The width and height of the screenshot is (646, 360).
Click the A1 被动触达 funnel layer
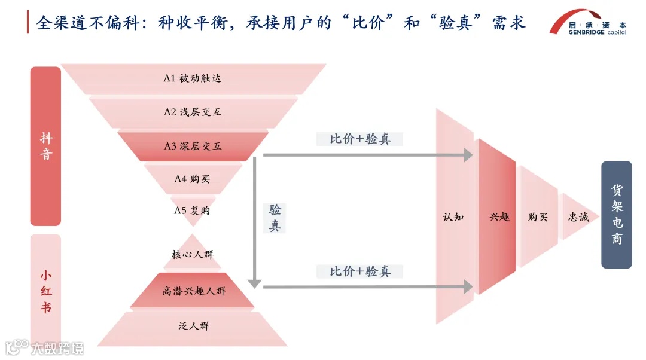193,78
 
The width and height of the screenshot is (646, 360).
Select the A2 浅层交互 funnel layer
193,112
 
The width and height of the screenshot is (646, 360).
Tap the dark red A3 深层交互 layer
193,146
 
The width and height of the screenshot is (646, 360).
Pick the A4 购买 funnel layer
193,179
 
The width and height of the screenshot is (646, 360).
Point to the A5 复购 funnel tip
193,210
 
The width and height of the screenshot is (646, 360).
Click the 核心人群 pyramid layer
193,254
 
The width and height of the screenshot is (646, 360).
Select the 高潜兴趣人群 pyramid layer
193,291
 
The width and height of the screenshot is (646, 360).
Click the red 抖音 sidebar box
46,146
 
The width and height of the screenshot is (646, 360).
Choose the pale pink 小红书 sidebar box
46,291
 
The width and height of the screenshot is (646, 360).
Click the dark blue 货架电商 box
616,215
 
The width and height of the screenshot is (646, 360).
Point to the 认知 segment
454,216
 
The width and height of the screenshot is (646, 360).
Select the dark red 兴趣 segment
498,216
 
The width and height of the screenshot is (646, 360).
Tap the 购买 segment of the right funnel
538,216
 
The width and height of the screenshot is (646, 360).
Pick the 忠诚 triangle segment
577,216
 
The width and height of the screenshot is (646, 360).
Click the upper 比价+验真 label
360,139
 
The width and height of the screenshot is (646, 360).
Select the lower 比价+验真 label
360,271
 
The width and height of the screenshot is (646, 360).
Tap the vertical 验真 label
275,218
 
